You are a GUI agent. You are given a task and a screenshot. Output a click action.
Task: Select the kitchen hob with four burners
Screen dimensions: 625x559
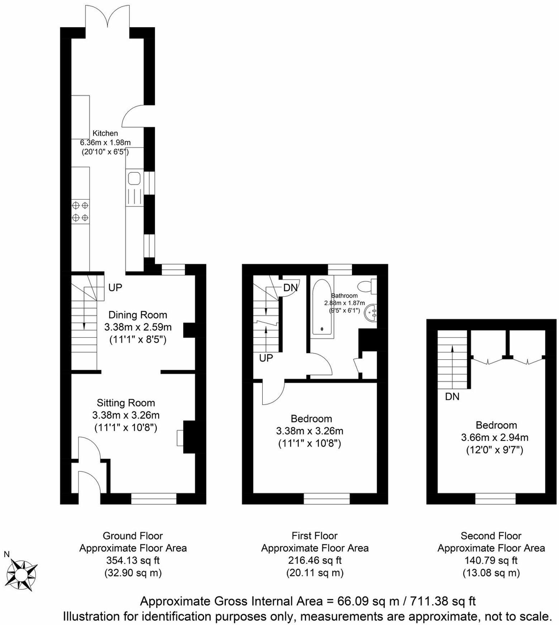[x=80, y=211]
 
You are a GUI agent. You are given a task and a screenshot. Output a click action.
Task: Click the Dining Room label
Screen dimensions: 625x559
[x=138, y=315]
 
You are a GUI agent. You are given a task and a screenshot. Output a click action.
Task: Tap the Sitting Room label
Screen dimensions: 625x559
[x=126, y=403]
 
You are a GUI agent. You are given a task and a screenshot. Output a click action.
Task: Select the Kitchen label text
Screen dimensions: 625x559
[x=105, y=133]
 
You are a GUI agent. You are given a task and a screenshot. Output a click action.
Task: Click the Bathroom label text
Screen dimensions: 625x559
[x=344, y=296]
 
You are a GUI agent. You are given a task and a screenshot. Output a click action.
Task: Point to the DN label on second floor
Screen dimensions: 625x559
[x=452, y=397]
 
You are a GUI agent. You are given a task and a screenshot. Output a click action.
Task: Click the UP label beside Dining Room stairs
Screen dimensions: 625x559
[x=115, y=287]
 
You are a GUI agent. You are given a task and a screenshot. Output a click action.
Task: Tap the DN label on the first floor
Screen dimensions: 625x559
[x=290, y=287]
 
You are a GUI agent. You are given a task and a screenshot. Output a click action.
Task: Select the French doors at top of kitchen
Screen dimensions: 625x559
[x=107, y=17]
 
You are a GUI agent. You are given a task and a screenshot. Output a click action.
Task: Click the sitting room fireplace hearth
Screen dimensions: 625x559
[x=180, y=438]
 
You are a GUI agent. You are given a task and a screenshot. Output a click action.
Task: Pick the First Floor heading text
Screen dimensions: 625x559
[x=315, y=536]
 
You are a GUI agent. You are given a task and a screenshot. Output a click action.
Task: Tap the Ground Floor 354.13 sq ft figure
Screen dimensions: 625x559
[x=133, y=560]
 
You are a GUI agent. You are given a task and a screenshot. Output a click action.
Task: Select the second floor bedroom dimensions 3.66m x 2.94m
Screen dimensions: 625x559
[x=494, y=437]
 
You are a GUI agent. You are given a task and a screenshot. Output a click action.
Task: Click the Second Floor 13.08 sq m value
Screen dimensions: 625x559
[x=491, y=573]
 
